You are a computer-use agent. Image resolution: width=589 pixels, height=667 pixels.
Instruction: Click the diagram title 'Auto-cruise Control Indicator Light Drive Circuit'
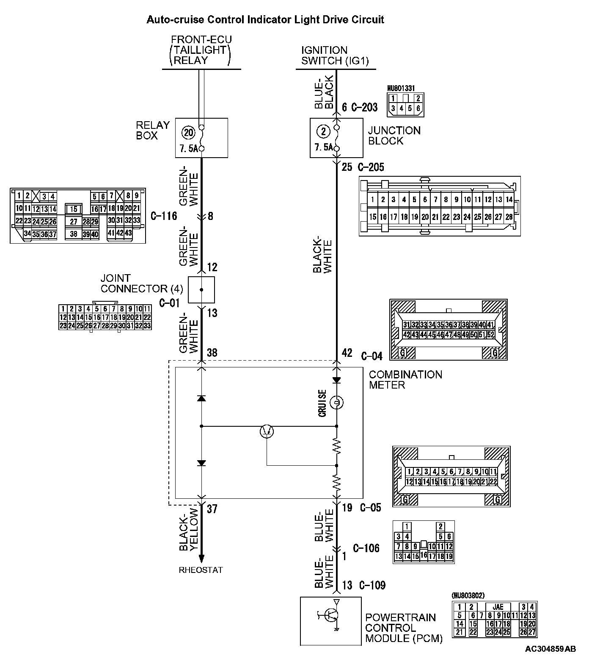tap(265, 19)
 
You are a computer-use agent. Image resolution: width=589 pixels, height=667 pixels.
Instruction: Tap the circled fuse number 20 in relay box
tap(188, 133)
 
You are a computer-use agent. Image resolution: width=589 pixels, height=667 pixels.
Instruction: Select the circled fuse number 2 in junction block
tap(324, 131)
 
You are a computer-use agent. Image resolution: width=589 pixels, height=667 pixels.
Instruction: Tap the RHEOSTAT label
tap(201, 570)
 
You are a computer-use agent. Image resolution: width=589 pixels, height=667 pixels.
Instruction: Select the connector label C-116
tap(163, 216)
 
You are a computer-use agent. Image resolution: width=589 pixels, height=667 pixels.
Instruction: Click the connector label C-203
tap(364, 107)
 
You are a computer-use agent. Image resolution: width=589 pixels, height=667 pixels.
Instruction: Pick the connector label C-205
tap(371, 167)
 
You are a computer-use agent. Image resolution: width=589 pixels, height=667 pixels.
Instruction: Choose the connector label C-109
tap(372, 586)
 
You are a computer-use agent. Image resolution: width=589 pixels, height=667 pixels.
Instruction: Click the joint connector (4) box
tap(201, 290)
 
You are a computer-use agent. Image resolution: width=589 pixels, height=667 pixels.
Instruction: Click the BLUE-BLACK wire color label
tap(324, 90)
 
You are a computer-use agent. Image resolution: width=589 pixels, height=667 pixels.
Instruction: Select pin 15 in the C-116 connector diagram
tap(74, 209)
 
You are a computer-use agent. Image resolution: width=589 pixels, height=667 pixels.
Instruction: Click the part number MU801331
tap(401, 89)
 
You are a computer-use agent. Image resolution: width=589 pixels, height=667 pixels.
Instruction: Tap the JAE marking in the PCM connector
tap(498, 607)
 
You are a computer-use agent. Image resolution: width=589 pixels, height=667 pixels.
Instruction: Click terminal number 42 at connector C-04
tap(347, 353)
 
